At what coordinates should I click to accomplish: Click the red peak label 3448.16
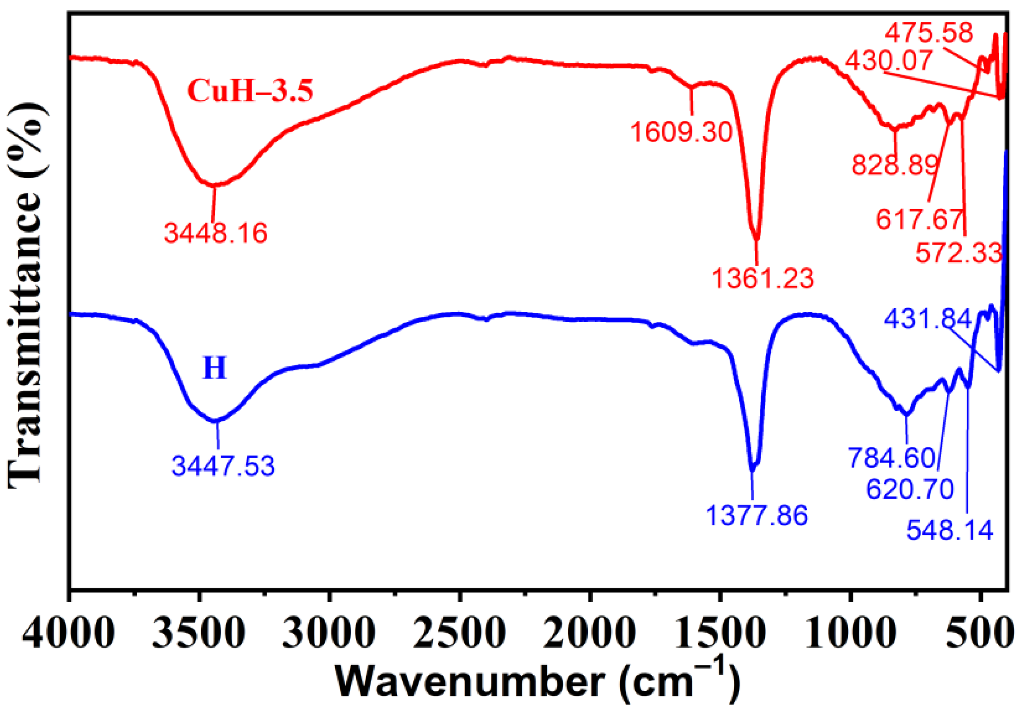[x=216, y=233]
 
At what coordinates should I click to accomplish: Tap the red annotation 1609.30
[x=681, y=132]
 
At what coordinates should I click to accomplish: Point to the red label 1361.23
[x=763, y=278]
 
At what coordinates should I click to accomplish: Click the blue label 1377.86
[x=757, y=515]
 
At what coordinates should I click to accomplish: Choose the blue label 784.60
[x=892, y=458]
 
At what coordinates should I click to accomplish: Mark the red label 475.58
[x=929, y=33]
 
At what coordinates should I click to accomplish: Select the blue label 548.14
[x=950, y=530]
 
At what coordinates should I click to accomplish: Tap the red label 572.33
[x=958, y=253]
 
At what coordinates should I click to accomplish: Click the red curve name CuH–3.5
[x=250, y=90]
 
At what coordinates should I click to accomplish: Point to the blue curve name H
[x=214, y=368]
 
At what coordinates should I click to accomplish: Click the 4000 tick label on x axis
[x=68, y=633]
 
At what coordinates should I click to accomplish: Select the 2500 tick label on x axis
[x=460, y=633]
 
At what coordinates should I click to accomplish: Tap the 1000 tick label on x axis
[x=850, y=633]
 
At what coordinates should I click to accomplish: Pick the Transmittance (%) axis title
[x=27, y=295]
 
